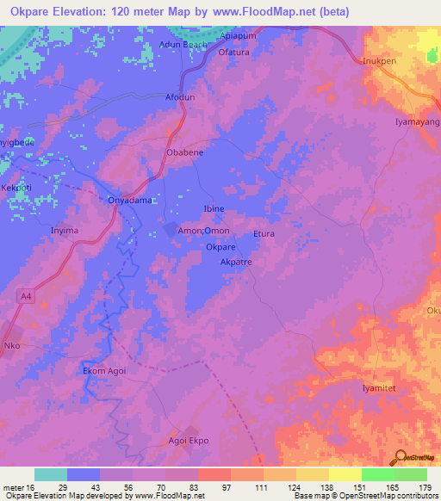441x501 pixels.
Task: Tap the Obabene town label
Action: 184,152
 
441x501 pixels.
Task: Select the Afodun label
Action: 180,97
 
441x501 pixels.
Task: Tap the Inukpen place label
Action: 381,60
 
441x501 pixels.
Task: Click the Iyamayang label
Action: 417,122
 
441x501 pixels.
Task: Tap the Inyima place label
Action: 65,231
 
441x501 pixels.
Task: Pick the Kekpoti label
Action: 16,187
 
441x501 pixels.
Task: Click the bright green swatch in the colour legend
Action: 377,474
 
